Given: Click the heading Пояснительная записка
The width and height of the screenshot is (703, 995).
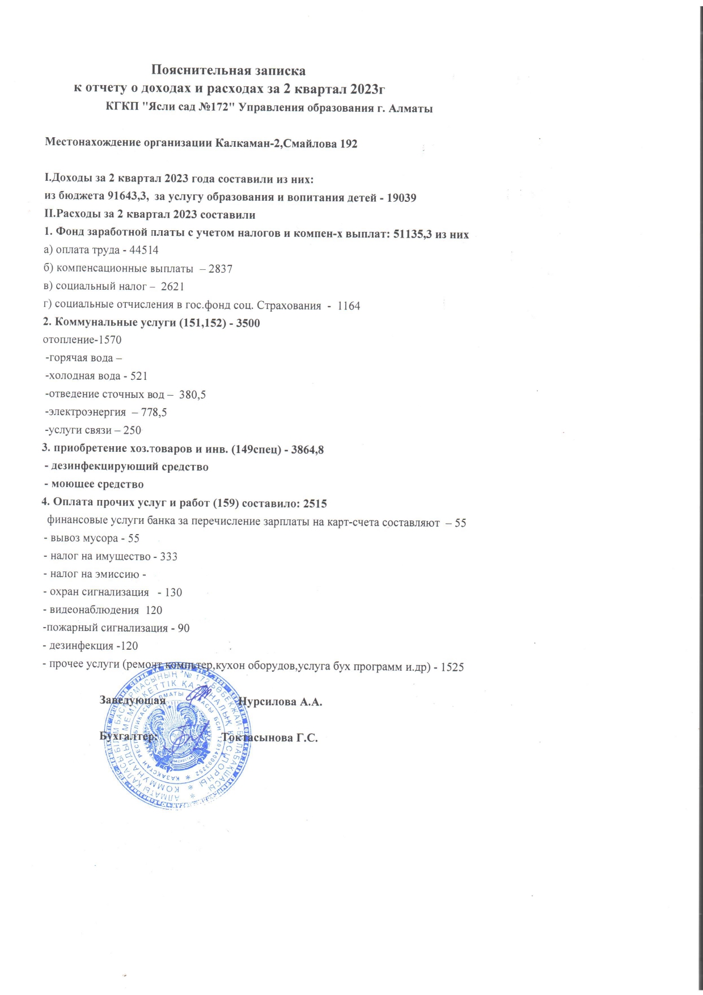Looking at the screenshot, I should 228,71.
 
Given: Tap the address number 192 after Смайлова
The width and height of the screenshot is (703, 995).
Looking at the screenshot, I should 348,144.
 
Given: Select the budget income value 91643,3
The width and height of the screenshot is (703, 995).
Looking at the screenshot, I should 128,197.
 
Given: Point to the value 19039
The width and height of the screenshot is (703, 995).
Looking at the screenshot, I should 401,198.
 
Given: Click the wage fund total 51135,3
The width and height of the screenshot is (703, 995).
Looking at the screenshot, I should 413,234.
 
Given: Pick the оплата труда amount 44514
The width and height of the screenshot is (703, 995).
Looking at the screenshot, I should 144,250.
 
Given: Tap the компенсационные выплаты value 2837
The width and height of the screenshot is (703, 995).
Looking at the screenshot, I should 221,269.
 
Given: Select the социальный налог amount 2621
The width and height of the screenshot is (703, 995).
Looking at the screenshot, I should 172,287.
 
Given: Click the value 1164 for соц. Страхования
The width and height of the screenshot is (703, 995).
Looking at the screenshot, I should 349,306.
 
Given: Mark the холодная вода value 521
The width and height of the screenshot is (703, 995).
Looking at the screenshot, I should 139,376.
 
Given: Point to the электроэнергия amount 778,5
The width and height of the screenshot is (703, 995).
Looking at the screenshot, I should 154,412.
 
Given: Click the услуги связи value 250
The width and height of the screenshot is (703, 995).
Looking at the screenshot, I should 132,430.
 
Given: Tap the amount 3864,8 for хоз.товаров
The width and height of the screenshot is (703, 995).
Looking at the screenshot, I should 307,450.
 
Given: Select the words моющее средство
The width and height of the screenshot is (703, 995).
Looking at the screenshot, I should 98,485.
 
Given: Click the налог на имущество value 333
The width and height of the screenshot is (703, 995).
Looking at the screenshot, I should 168,557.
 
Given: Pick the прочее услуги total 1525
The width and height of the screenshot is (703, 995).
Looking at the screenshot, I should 452,667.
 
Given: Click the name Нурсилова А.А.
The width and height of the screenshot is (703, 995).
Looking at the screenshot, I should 281,702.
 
